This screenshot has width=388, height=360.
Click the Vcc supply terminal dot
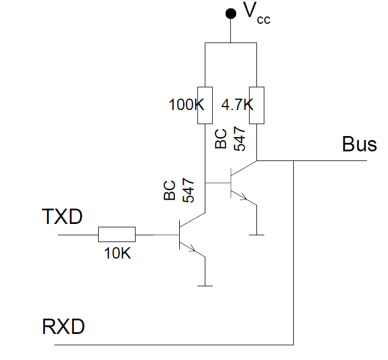pos(230,13)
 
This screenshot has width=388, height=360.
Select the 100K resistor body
pos(204,105)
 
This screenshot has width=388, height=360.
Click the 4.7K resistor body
pos(257,105)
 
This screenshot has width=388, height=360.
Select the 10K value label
pos(117,253)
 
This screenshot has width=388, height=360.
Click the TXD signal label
pos(62,217)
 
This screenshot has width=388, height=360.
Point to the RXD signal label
pos(64,327)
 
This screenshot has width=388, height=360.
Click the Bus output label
pos(359,144)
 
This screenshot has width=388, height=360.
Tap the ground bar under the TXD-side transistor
pos(204,286)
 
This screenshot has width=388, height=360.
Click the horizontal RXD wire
pos(170,344)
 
